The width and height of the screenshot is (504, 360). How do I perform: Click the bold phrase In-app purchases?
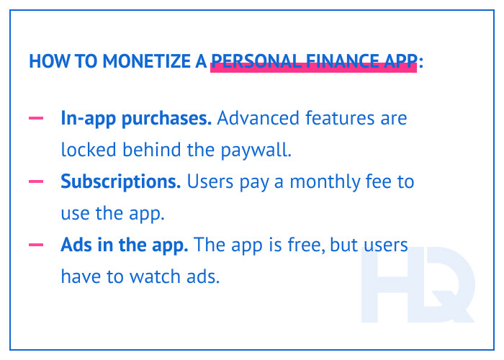point(136,118)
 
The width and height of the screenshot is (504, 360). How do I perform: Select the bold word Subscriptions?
point(120,181)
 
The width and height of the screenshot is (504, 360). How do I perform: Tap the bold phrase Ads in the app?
point(125,245)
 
